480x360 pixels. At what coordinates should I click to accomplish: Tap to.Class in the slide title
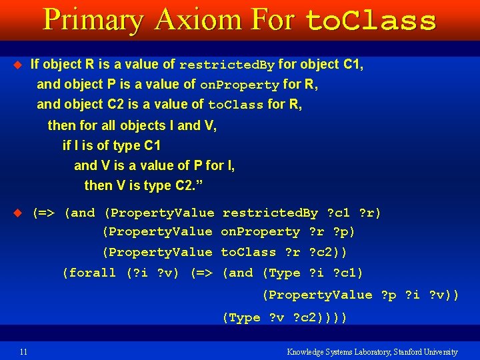pyautogui.click(x=370, y=21)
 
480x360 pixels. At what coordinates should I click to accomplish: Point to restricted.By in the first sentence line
pyautogui.click(x=227, y=65)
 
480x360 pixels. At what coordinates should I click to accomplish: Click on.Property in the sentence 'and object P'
pyautogui.click(x=239, y=85)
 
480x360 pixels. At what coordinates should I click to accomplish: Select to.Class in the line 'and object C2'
pyautogui.click(x=236, y=105)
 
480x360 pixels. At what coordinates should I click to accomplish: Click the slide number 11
pyautogui.click(x=23, y=351)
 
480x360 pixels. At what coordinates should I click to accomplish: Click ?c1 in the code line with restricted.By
pyautogui.click(x=339, y=213)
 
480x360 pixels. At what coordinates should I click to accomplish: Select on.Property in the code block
pyautogui.click(x=261, y=232)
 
